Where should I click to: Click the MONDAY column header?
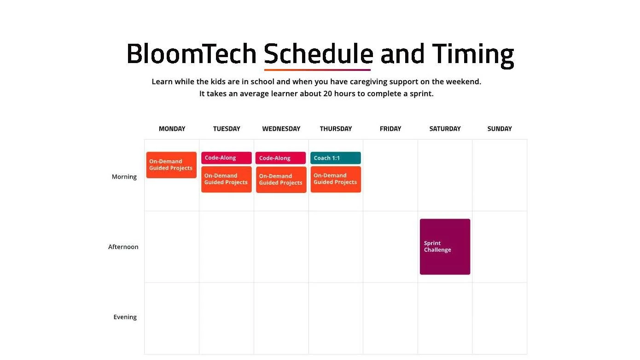click(172, 129)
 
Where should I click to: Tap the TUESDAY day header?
click(227, 129)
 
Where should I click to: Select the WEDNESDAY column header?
click(281, 129)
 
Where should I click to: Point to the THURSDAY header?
click(336, 129)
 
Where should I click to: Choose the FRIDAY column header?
click(390, 129)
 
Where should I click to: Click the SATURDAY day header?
click(445, 129)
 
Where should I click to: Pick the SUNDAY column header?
click(500, 129)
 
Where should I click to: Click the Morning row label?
click(124, 177)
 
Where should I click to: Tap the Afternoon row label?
click(123, 247)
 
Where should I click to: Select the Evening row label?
click(125, 317)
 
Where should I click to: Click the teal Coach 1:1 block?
click(336, 158)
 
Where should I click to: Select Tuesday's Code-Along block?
click(226, 158)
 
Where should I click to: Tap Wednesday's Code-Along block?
click(280, 158)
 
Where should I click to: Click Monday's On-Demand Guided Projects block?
click(171, 165)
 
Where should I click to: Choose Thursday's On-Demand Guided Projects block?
click(336, 180)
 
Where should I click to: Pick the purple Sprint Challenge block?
click(445, 247)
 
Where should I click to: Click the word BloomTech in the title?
click(192, 54)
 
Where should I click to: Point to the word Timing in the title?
click(473, 55)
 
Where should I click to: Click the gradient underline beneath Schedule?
click(317, 70)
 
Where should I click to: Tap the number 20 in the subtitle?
click(328, 94)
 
